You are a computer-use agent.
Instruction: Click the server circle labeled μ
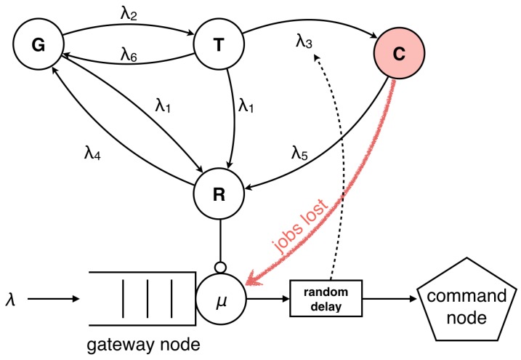pyautogui.click(x=222, y=297)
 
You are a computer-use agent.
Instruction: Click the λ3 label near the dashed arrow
pyautogui.click(x=304, y=41)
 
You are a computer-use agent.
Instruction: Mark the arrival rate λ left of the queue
pyautogui.click(x=10, y=297)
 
